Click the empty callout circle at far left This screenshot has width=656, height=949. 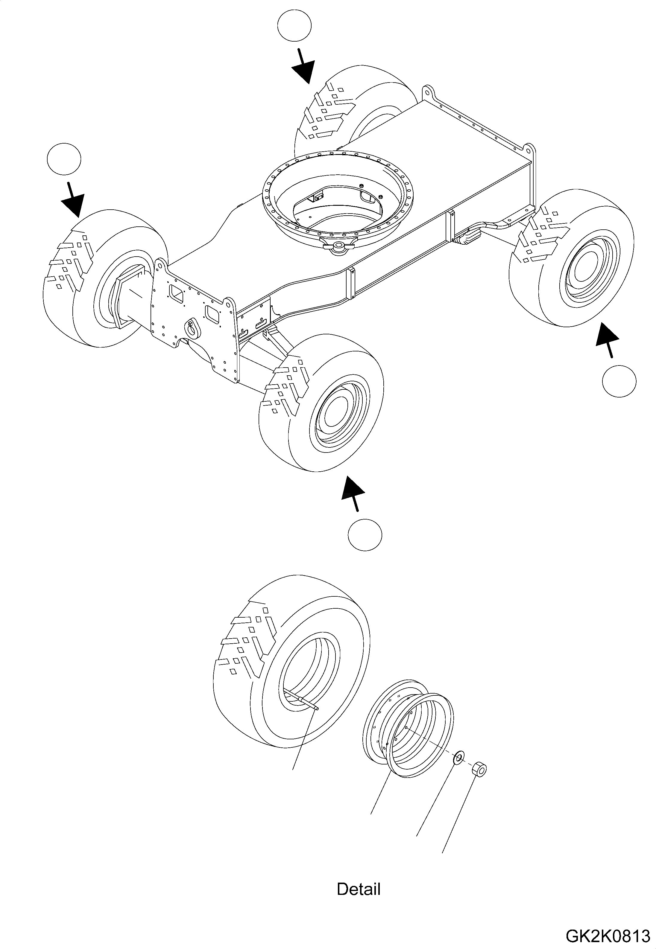[x=64, y=159]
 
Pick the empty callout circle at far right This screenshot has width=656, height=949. [x=619, y=380]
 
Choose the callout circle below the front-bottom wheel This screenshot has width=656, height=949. [x=365, y=534]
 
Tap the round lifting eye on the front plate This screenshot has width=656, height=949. [x=192, y=325]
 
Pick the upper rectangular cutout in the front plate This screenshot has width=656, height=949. [x=177, y=294]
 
